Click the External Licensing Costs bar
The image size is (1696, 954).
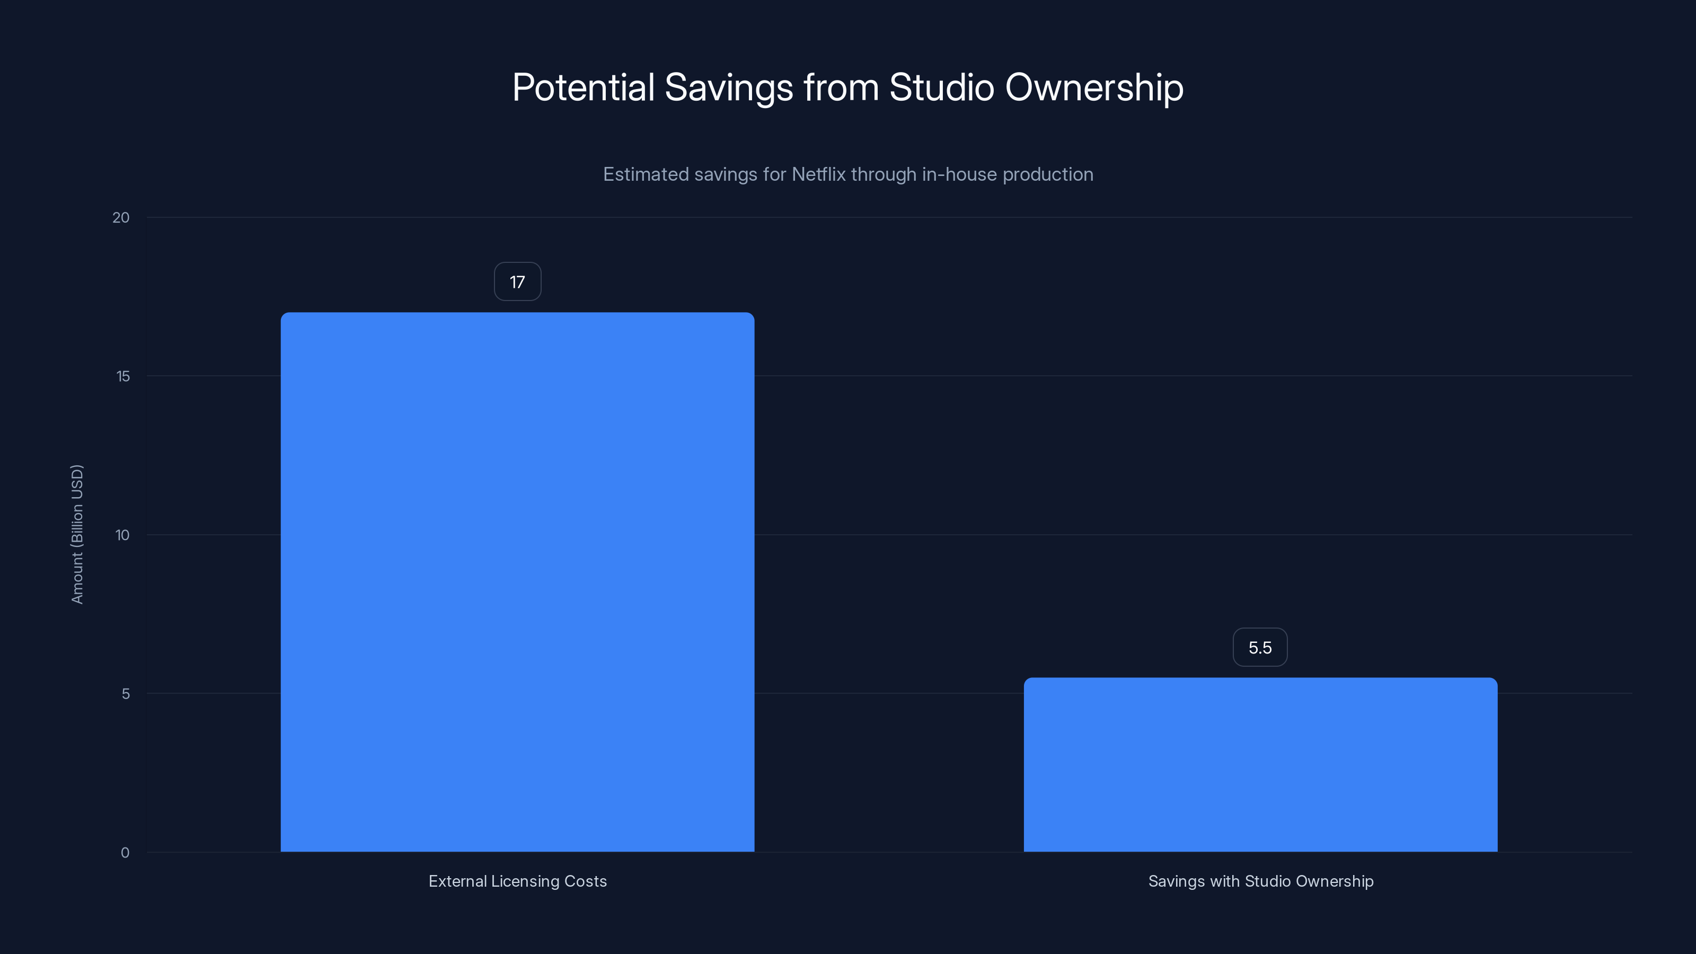tap(517, 582)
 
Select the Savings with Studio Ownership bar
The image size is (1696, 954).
tap(1260, 764)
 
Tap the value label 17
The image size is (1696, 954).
tap(517, 282)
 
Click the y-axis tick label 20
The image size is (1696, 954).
tap(121, 218)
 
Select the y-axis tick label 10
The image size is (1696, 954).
tap(122, 535)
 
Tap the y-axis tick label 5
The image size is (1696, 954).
tap(126, 694)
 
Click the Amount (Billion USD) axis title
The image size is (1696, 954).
tap(77, 534)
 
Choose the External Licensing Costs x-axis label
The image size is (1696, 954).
tap(517, 881)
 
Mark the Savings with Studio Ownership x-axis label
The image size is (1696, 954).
tap(1260, 881)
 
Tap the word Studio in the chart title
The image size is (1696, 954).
tap(941, 87)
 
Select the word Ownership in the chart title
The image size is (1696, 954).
tap(1094, 87)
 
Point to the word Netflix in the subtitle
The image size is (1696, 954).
tap(818, 174)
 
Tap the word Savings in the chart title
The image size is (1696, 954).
tap(729, 87)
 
